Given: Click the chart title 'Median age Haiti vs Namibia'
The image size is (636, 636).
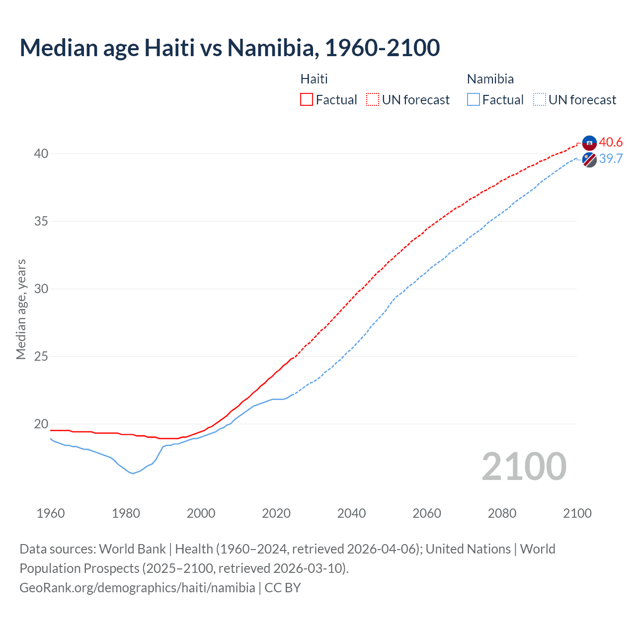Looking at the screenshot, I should (230, 48).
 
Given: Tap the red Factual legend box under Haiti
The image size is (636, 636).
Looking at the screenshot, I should (307, 99).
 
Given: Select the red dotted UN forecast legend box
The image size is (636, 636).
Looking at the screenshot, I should (373, 99).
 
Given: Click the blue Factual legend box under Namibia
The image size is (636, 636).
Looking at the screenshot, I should (474, 99).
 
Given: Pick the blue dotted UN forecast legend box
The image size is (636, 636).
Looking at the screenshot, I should (540, 99).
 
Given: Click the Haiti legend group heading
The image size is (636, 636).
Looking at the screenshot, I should (314, 79).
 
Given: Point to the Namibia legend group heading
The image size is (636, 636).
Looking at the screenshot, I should (490, 79).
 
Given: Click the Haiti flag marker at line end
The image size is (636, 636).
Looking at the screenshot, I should (589, 143).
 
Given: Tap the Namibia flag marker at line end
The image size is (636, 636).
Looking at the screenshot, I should (589, 160).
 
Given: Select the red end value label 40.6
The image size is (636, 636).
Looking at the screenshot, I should (611, 142).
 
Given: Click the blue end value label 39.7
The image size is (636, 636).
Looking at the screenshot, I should (611, 159).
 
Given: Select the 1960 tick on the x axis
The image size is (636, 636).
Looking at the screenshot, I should (51, 513).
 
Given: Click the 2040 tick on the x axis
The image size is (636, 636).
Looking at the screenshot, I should (351, 513).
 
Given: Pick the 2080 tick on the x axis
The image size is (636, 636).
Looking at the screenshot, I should (502, 513).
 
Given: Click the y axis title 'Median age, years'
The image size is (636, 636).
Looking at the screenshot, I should (21, 309).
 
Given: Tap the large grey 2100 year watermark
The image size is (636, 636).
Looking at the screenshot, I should (524, 467).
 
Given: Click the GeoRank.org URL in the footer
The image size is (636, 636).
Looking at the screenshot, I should (137, 587).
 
